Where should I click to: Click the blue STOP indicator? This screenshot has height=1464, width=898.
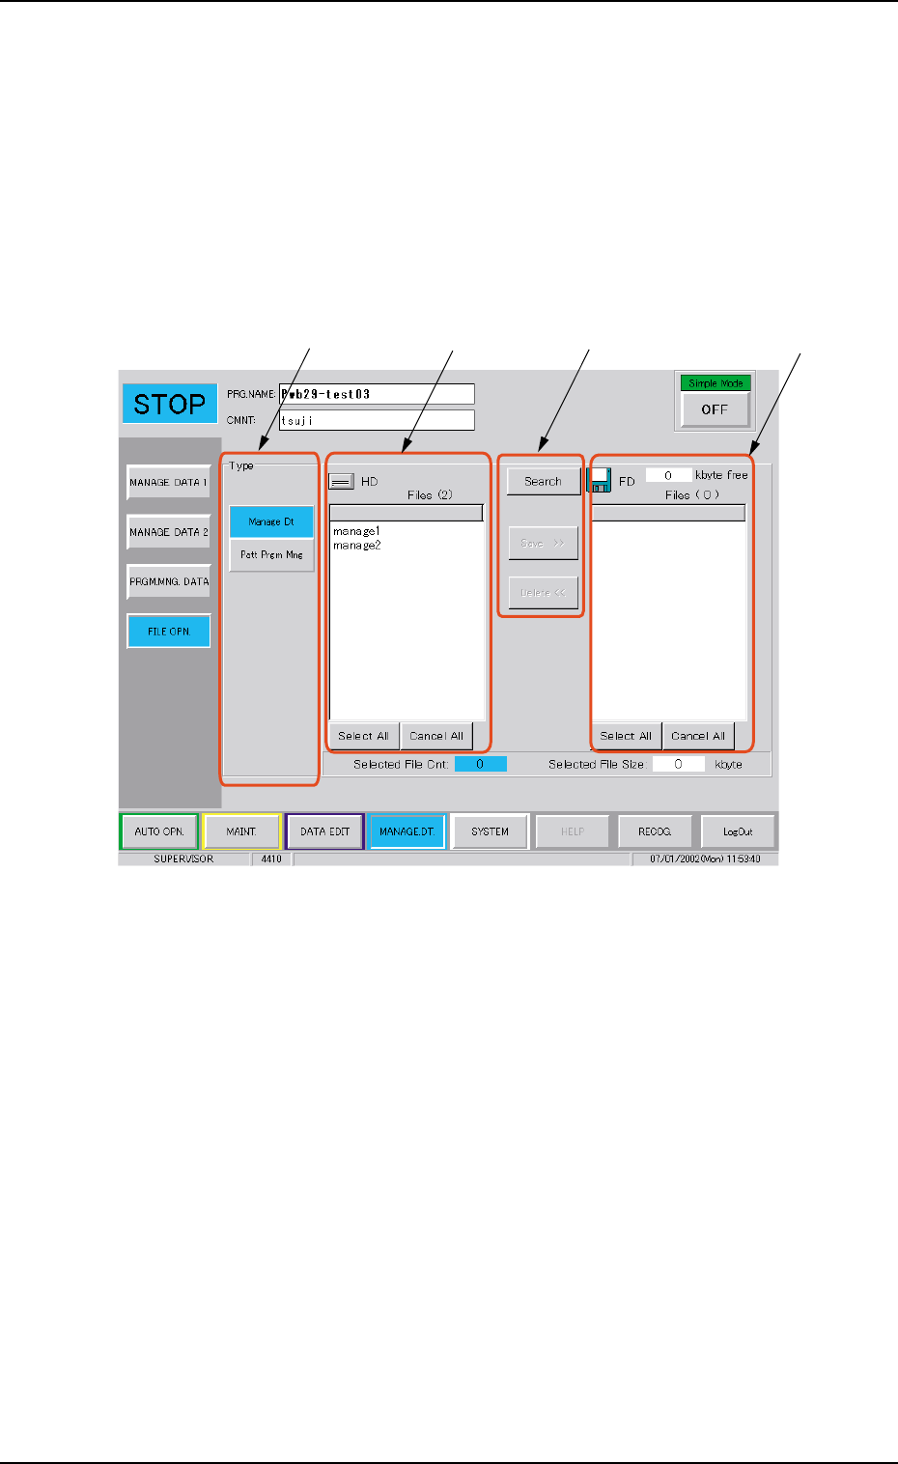(169, 404)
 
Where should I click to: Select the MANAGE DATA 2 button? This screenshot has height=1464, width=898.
(169, 532)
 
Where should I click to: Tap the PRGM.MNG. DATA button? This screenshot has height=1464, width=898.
(169, 581)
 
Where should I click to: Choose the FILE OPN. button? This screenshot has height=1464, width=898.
(169, 632)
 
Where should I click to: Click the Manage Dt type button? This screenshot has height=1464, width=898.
(271, 521)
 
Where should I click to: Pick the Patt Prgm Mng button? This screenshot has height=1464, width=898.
(271, 555)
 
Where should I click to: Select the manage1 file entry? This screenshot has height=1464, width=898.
(356, 531)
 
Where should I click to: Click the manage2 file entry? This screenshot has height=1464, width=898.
(356, 546)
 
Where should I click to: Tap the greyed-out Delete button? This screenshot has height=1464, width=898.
(543, 593)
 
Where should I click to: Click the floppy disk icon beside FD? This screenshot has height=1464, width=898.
(600, 480)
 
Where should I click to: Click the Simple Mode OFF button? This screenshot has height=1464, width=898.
(715, 409)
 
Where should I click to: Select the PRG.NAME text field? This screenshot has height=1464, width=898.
(377, 394)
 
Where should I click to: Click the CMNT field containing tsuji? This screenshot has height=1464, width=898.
(377, 420)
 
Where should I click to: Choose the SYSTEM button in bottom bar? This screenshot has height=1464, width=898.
(490, 831)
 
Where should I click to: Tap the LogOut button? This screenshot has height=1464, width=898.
(738, 831)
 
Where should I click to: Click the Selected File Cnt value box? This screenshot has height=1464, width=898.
(480, 764)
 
